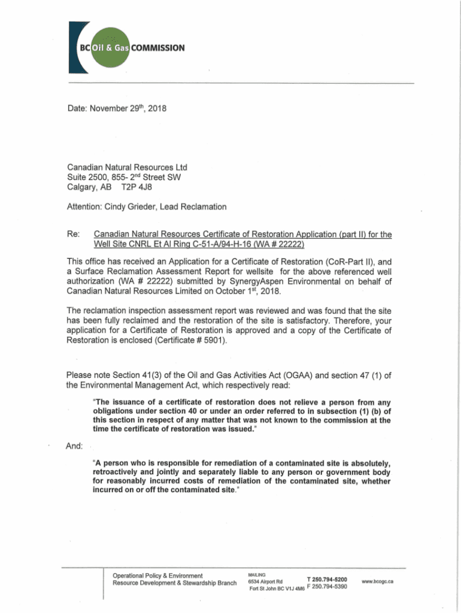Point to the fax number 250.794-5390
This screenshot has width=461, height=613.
(330, 587)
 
